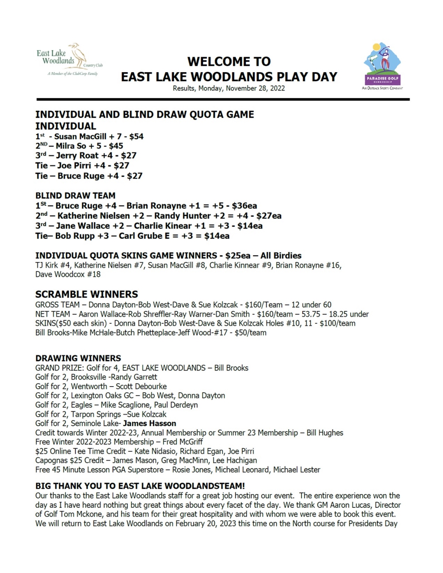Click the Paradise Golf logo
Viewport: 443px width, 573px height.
pyautogui.click(x=382, y=65)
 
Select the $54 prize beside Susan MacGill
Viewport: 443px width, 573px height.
pyautogui.click(x=136, y=136)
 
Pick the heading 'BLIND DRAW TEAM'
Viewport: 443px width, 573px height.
pyautogui.click(x=75, y=195)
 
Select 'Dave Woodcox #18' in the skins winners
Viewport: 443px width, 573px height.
pyautogui.click(x=68, y=274)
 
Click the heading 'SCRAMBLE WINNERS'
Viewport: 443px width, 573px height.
pyautogui.click(x=87, y=294)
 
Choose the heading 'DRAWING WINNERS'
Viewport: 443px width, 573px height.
pyautogui.click(x=78, y=358)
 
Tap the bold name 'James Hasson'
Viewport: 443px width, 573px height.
pyautogui.click(x=150, y=423)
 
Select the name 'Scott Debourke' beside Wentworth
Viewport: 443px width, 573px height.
pyautogui.click(x=141, y=386)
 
